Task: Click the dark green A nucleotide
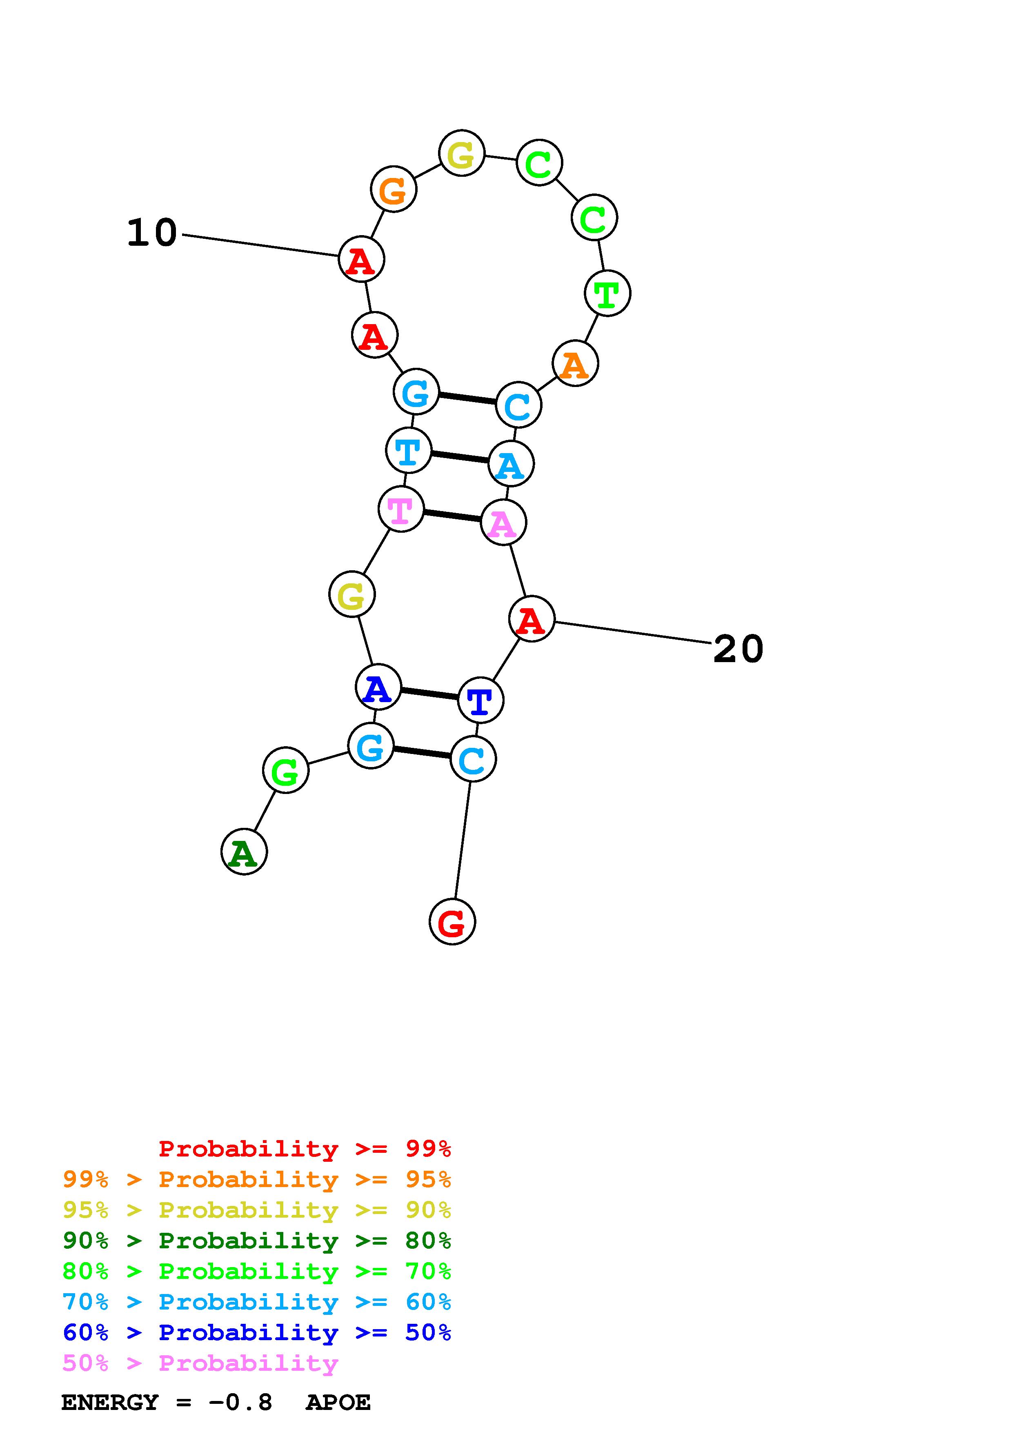tap(244, 852)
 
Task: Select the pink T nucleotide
tap(401, 509)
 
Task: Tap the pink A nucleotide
tap(503, 522)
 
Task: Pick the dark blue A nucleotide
tap(378, 687)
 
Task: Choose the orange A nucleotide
tap(575, 364)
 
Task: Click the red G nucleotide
tap(452, 922)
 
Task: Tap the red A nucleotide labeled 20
tap(531, 619)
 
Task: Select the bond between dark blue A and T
tap(429, 694)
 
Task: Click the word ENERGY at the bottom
tap(110, 1403)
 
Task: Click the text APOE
tap(338, 1403)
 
